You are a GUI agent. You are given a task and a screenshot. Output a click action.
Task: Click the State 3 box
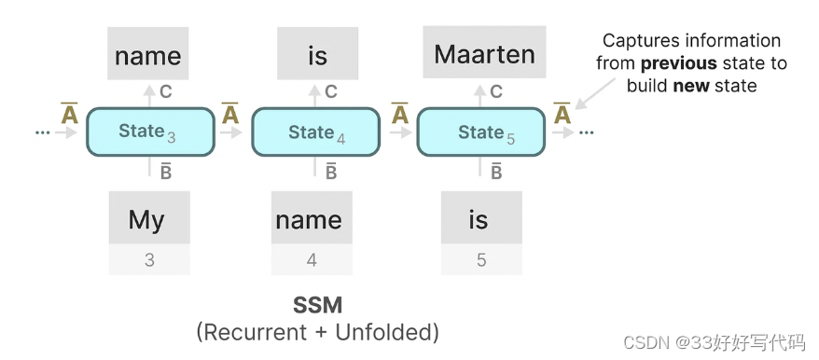pos(147,132)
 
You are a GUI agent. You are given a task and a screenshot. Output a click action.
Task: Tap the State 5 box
pos(480,132)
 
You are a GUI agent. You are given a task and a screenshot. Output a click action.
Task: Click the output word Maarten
pos(484,53)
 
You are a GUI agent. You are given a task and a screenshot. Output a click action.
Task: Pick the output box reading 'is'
pos(317,54)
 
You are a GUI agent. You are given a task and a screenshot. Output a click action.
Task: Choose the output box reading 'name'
pos(147,54)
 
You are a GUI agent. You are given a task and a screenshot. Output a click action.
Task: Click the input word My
pos(147,220)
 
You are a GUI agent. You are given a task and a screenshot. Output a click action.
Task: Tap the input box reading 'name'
pos(311,220)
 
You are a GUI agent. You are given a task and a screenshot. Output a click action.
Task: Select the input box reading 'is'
pos(479,220)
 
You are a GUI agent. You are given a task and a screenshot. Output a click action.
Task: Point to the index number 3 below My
pos(149,260)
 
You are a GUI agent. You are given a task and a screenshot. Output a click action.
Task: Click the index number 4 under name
pos(312,260)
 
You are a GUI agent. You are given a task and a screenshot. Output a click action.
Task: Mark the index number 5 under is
pos(481,260)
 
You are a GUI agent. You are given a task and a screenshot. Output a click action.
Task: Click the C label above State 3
pos(166,91)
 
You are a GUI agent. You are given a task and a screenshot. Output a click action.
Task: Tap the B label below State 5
pos(497,171)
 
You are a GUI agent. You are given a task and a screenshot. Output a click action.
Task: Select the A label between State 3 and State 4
pos(230,114)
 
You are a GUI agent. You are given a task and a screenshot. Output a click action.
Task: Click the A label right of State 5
pos(562,114)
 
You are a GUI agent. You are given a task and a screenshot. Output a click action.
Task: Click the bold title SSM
pos(316,305)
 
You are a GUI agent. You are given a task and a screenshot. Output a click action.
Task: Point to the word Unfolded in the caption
pos(390,331)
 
